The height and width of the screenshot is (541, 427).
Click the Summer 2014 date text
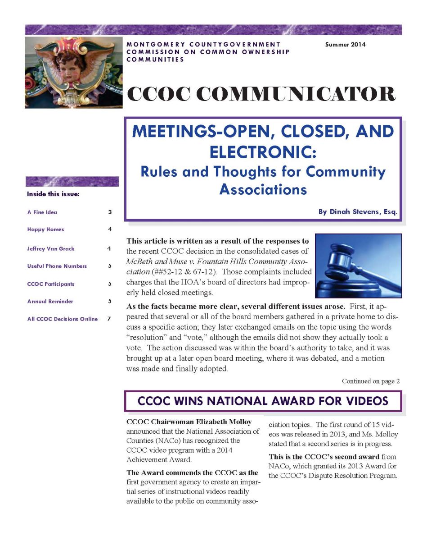345,45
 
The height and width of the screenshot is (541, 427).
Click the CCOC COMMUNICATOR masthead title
261,94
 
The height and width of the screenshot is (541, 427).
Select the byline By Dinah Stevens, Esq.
358,212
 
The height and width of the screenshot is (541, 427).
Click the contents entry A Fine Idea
42,212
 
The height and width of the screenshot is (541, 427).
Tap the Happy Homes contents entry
45,229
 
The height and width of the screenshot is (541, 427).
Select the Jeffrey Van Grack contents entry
51,248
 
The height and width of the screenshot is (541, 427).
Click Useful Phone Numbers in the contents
57,266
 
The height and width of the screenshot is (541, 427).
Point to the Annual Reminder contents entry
50,301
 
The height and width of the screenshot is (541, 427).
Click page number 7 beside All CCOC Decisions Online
109,319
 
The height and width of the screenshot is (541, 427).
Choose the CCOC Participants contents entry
51,284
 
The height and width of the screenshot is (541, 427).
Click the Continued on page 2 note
370,381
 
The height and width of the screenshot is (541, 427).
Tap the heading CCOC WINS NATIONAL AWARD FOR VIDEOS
263,401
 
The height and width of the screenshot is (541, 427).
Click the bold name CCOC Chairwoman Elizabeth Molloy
189,422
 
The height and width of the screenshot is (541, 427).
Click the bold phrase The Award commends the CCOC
192,472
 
